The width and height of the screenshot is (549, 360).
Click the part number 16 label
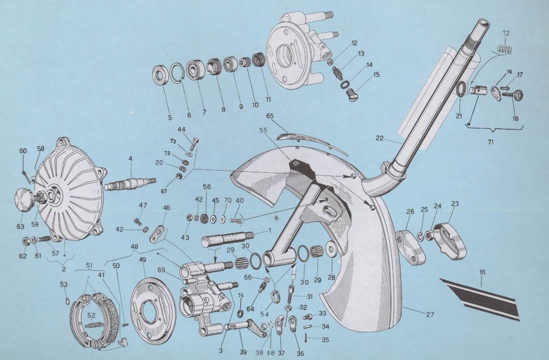coord(483,273)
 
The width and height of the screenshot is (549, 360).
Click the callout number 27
coord(430,314)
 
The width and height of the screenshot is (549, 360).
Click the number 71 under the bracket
coord(490,143)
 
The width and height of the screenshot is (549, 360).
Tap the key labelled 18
coord(513,94)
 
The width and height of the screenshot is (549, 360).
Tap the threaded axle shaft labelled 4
coord(130,182)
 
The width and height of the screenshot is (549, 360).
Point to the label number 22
coord(380,138)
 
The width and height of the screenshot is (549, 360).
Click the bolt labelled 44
coord(193,144)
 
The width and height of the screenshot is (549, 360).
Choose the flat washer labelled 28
coord(330,248)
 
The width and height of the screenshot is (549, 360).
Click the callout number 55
coord(263,130)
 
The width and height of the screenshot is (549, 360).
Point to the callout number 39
coord(243,351)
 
